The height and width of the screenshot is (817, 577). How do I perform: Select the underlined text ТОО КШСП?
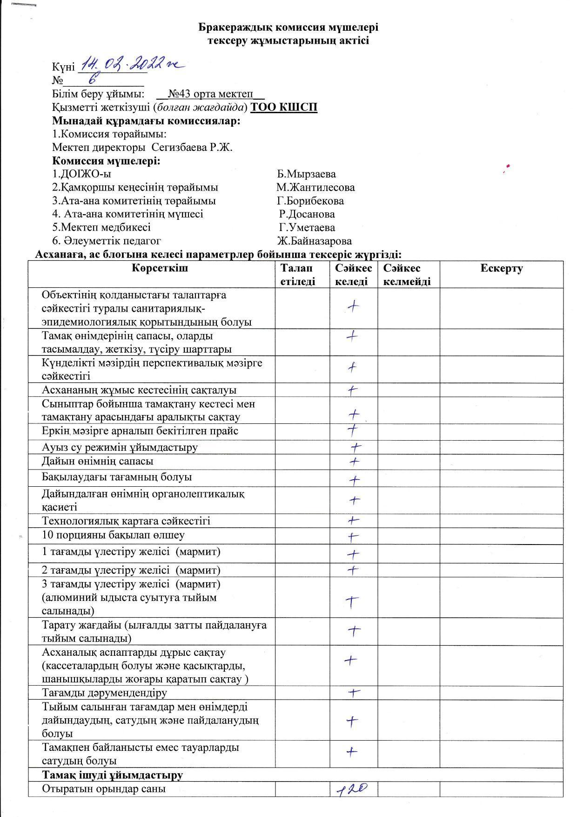(x=284, y=108)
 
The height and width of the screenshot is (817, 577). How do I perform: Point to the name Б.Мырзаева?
(x=306, y=174)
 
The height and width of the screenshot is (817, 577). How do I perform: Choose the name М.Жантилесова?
(x=315, y=188)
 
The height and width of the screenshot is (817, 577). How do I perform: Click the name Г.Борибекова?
(x=310, y=201)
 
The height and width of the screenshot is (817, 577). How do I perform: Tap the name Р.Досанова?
(x=307, y=214)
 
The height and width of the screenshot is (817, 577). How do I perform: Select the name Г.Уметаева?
(x=307, y=228)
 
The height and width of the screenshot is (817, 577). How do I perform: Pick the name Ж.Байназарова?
(x=314, y=241)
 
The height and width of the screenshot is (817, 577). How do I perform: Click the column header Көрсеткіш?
(x=160, y=268)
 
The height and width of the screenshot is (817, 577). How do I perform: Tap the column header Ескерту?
(x=501, y=268)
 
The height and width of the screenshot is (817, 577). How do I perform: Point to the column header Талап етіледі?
(x=298, y=275)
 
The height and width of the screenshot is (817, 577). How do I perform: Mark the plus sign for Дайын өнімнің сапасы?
(x=355, y=462)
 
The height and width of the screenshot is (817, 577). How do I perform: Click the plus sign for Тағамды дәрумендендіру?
(x=355, y=693)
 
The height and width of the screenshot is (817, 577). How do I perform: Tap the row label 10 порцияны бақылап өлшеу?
(x=113, y=535)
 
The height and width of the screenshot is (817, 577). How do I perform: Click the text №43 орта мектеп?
(x=210, y=94)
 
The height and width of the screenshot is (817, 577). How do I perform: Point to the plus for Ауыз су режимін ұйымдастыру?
(x=356, y=448)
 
